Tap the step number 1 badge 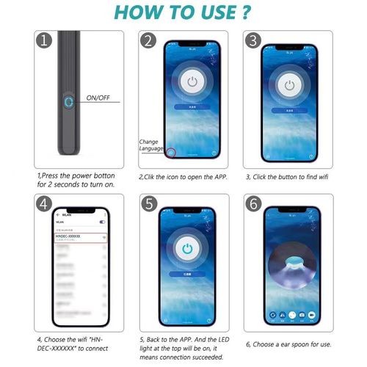44,41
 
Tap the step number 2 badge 150,41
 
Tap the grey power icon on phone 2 192,82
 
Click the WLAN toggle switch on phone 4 102,221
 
